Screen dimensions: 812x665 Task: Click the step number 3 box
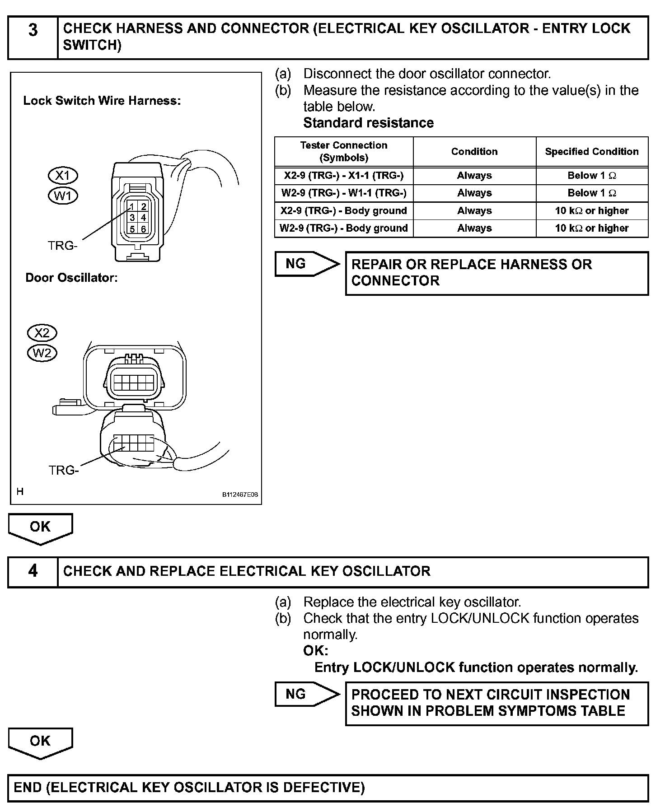33,37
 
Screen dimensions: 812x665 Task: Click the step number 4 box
33,571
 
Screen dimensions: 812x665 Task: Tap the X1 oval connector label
63,175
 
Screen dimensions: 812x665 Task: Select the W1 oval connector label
63,196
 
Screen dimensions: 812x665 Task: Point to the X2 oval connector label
42,333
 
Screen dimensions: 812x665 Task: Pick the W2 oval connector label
42,353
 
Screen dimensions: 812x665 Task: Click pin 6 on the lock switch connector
143,229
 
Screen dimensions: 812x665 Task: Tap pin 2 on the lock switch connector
143,207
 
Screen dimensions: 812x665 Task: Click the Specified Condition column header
592,152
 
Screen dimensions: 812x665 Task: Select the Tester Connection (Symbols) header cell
344,152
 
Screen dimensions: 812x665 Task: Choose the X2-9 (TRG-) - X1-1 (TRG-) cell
344,176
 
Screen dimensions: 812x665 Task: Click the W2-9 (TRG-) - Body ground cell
344,229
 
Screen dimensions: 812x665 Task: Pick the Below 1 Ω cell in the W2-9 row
592,193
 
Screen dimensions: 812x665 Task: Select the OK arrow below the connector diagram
40,527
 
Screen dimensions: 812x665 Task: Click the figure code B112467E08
239,495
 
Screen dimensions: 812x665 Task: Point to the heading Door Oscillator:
71,278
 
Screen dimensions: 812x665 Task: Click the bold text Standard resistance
368,123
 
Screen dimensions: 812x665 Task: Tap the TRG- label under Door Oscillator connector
64,470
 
